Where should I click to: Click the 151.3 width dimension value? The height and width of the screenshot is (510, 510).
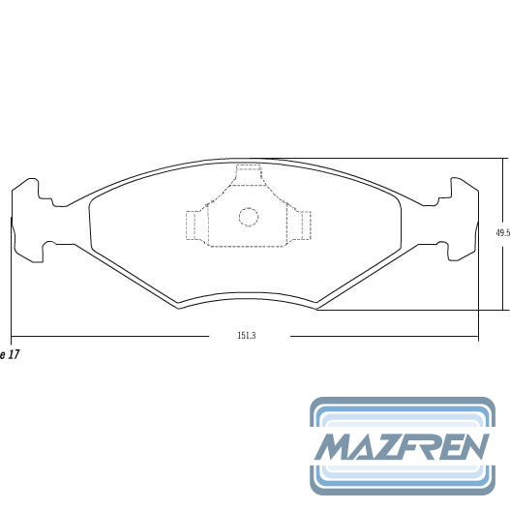247,336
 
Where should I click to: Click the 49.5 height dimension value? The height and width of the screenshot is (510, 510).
503,233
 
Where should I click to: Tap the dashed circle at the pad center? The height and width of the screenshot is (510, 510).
249,217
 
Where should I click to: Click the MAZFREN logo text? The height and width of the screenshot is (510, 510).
402,446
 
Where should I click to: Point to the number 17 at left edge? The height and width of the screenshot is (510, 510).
13,354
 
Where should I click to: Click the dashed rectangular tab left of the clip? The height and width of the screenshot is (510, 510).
193,225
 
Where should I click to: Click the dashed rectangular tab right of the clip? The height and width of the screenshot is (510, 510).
306,225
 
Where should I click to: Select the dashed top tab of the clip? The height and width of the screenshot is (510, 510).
249,175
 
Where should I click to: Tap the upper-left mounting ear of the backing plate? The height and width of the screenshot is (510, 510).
29,191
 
